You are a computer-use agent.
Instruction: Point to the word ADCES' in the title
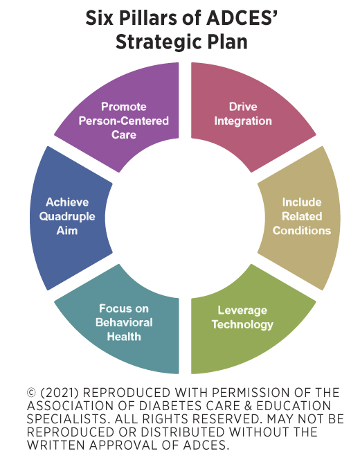[242, 18]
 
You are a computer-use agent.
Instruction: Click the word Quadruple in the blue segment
[67, 217]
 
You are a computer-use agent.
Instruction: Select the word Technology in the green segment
[242, 324]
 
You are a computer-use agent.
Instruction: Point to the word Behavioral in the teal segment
[124, 322]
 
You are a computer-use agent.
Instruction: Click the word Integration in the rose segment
[243, 121]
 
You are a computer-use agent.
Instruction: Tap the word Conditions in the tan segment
[302, 231]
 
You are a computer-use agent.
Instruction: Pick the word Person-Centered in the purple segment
[124, 121]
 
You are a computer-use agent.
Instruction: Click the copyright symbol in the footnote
[32, 393]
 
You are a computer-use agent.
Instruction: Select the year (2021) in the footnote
[60, 393]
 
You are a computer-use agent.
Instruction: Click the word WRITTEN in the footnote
[56, 446]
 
